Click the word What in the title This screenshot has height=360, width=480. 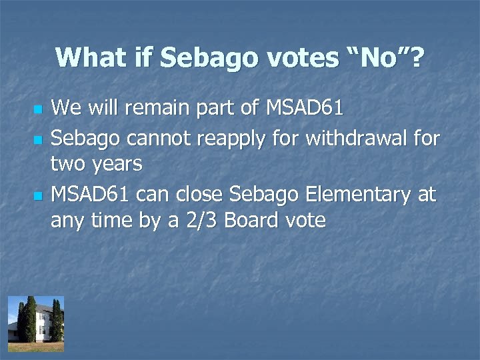tap(89, 58)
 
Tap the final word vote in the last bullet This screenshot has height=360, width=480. tap(303, 221)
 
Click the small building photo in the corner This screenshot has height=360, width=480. tap(35, 323)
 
